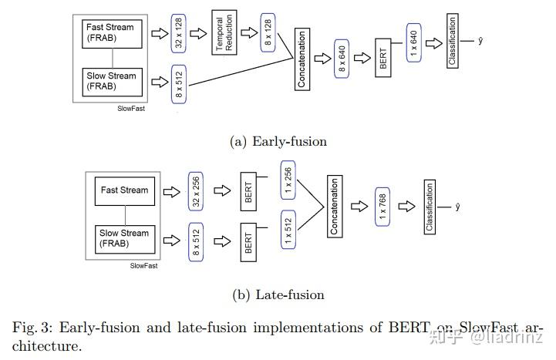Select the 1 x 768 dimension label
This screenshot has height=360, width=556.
coord(382,206)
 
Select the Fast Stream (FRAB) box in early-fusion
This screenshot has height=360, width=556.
coord(114,32)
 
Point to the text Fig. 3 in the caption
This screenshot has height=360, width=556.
coord(28,327)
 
